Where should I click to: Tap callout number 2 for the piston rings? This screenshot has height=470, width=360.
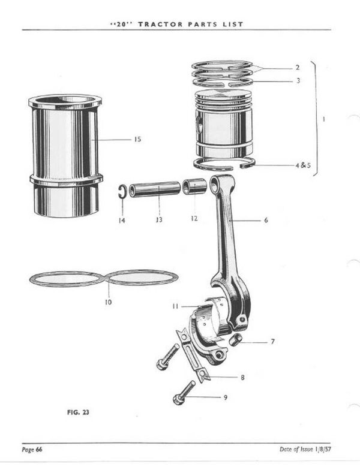(297, 68)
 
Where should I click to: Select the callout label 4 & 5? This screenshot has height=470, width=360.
(302, 165)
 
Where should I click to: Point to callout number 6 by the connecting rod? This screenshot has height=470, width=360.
(266, 221)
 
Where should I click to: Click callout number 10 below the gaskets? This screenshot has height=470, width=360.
(107, 302)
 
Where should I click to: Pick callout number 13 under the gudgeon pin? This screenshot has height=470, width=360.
(158, 220)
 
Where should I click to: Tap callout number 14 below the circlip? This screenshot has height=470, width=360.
(122, 220)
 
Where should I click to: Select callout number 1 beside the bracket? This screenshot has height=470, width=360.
(325, 119)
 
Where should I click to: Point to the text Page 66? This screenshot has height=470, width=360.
(32, 450)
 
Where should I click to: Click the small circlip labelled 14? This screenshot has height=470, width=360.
(121, 191)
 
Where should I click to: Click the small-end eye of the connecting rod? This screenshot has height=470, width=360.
(215, 185)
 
